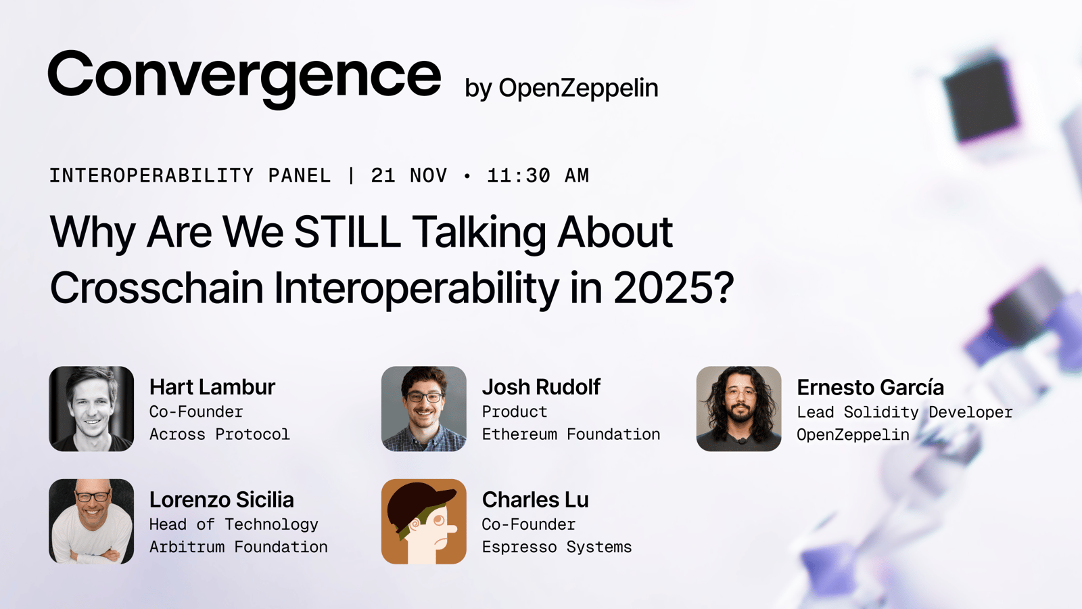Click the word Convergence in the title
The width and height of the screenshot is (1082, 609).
point(244,78)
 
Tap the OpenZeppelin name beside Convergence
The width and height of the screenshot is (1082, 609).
point(578,88)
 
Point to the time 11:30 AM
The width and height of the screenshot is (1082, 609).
point(538,175)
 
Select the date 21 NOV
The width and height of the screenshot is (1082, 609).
point(409,175)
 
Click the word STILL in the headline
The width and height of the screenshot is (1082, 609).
point(347,232)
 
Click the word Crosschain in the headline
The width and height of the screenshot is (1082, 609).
point(156,288)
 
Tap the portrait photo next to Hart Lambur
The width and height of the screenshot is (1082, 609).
point(91,409)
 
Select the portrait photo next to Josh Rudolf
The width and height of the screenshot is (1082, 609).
point(423,409)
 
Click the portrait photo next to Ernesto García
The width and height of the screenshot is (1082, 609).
point(738,409)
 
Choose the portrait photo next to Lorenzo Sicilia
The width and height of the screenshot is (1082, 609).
point(91,522)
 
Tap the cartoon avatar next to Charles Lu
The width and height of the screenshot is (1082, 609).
point(423,522)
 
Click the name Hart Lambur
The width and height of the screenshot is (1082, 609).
point(212,387)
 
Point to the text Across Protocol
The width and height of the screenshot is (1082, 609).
point(220,434)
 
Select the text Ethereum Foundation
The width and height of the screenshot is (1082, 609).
point(571,434)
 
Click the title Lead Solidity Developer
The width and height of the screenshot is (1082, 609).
point(905,412)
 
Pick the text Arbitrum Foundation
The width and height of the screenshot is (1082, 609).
point(239,547)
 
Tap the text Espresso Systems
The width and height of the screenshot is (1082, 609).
point(557,547)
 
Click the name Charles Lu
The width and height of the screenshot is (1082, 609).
point(535,500)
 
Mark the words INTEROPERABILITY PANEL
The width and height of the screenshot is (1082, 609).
point(190,175)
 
